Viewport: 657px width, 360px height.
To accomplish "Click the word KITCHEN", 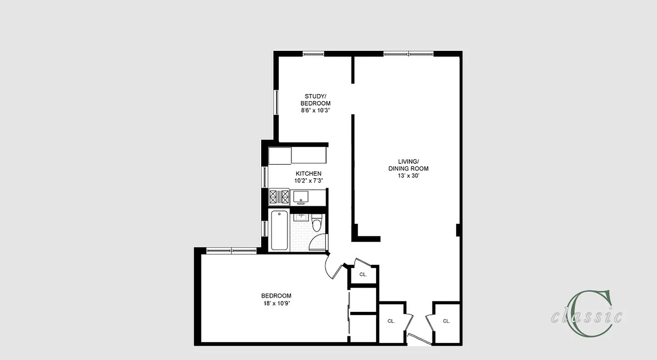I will (308, 174).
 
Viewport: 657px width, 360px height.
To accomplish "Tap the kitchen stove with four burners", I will (279, 197).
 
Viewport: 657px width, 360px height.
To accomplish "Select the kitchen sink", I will (300, 196).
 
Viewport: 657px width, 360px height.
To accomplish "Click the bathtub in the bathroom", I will (280, 230).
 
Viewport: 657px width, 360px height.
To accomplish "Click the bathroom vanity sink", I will (301, 217).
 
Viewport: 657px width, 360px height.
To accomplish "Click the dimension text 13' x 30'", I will (408, 176).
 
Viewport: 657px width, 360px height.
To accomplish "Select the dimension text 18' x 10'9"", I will (276, 303).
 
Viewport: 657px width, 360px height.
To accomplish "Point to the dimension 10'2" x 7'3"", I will (308, 180).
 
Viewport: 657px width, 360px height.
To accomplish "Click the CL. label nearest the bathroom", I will (363, 274).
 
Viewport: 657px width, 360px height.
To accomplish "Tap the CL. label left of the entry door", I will (391, 321).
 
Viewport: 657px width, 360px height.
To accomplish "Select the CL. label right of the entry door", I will (446, 321).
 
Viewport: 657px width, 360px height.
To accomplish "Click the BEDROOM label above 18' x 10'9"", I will (276, 296).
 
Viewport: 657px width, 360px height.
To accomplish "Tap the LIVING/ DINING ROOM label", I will (408, 165).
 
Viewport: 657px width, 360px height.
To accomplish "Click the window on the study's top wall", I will (313, 54).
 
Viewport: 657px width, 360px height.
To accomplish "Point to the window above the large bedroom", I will (231, 250).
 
